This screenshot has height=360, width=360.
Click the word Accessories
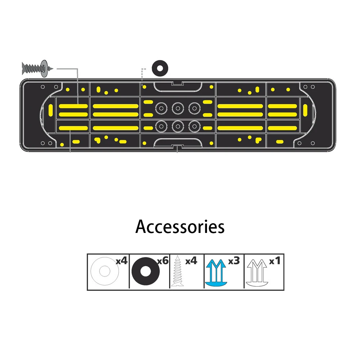tap(180, 227)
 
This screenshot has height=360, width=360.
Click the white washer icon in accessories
tap(104, 271)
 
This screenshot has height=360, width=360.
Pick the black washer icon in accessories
tap(145, 272)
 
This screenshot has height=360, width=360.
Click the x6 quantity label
tap(163, 260)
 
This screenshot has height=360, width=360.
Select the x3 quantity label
tap(234, 260)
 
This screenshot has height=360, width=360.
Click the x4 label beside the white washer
tap(121, 260)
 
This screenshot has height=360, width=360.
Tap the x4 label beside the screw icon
tap(191, 260)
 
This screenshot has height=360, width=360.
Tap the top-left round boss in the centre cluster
tap(160, 107)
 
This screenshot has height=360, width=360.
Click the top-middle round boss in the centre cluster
tap(177, 107)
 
